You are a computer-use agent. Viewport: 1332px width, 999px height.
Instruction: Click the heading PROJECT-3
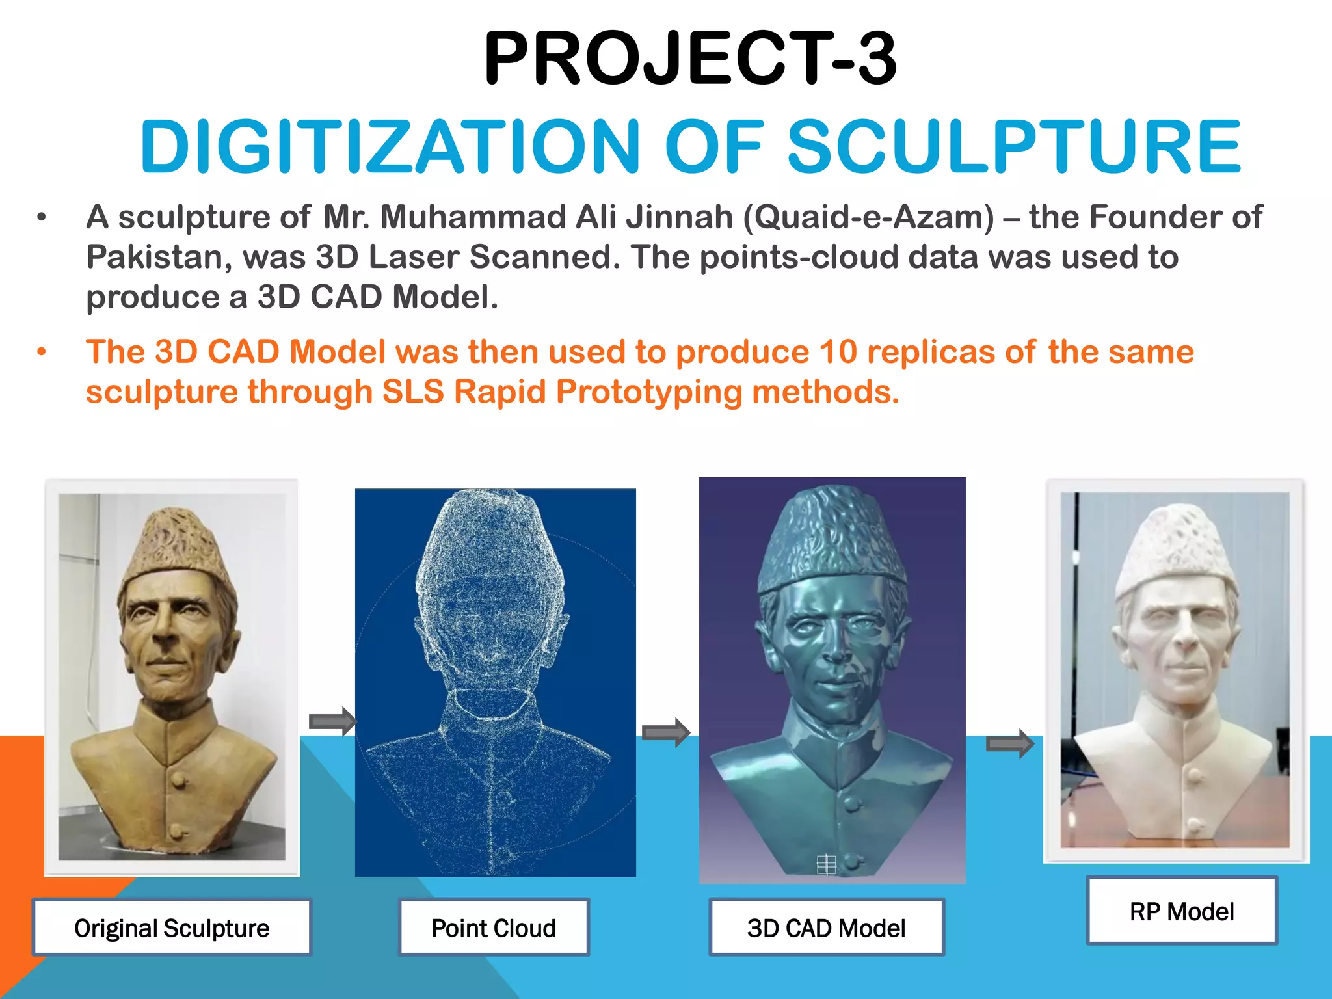689,60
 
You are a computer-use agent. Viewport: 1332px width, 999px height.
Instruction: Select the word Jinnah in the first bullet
679,217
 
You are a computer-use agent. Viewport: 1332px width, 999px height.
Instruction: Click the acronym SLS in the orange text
412,392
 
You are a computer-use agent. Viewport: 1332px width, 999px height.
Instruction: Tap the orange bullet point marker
42,353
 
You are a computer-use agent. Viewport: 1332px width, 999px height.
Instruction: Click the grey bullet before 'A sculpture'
42,217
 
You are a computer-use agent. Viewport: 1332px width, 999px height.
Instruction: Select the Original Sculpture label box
172,927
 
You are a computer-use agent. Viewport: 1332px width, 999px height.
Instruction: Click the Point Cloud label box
494,927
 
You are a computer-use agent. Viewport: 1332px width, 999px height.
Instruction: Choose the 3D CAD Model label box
826,927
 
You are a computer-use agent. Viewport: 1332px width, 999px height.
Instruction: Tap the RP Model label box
1182,911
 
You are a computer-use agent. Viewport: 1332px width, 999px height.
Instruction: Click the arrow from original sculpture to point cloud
332,721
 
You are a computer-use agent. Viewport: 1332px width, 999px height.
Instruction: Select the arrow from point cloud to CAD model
665,733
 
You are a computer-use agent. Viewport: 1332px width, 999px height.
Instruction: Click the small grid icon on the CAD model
826,864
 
